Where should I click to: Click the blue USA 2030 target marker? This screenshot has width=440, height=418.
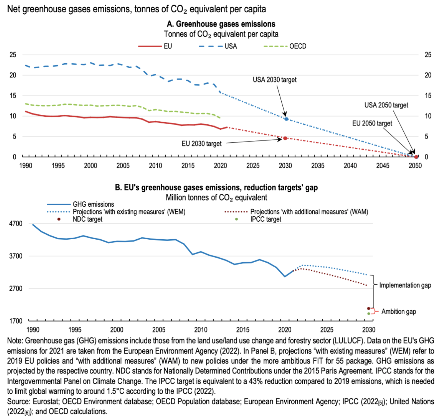pos(286,119)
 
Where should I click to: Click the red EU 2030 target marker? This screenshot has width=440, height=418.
pos(285,138)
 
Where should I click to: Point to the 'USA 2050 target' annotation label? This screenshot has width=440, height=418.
pos(386,105)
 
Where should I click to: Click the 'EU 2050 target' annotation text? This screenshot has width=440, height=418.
pos(372,123)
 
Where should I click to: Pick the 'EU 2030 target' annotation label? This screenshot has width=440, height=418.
pos(201,144)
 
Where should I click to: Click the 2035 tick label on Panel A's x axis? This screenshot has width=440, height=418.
pos(318,166)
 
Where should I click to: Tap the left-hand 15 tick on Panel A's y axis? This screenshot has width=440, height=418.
pos(13,96)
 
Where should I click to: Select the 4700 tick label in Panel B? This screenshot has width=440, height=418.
pos(16,224)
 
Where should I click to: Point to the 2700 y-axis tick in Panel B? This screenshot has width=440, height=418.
pos(16,289)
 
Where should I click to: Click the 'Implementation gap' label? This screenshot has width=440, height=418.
pos(405,285)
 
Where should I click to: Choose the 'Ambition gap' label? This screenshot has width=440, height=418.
pos(398,312)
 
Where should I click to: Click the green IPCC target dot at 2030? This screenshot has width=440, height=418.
pos(368,313)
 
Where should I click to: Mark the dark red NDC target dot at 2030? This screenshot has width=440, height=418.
pos(368,309)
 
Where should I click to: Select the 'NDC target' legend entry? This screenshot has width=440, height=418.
pos(87,219)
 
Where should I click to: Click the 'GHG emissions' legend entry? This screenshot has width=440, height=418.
pos(93,204)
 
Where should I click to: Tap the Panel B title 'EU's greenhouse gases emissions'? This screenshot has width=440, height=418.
pos(216,188)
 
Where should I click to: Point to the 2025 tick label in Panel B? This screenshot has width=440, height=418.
pos(327,330)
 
